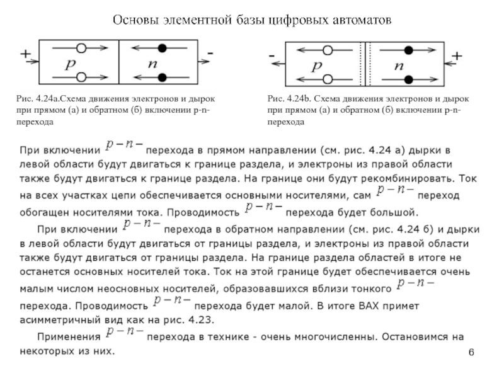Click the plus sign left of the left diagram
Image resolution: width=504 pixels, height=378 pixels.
pos(26,55)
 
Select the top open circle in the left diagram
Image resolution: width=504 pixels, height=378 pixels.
pos(81,47)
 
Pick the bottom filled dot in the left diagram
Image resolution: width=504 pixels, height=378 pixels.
pos(163,77)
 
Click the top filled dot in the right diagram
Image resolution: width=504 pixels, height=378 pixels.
pos(408,50)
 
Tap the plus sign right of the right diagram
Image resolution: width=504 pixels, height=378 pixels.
pos(456,57)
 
